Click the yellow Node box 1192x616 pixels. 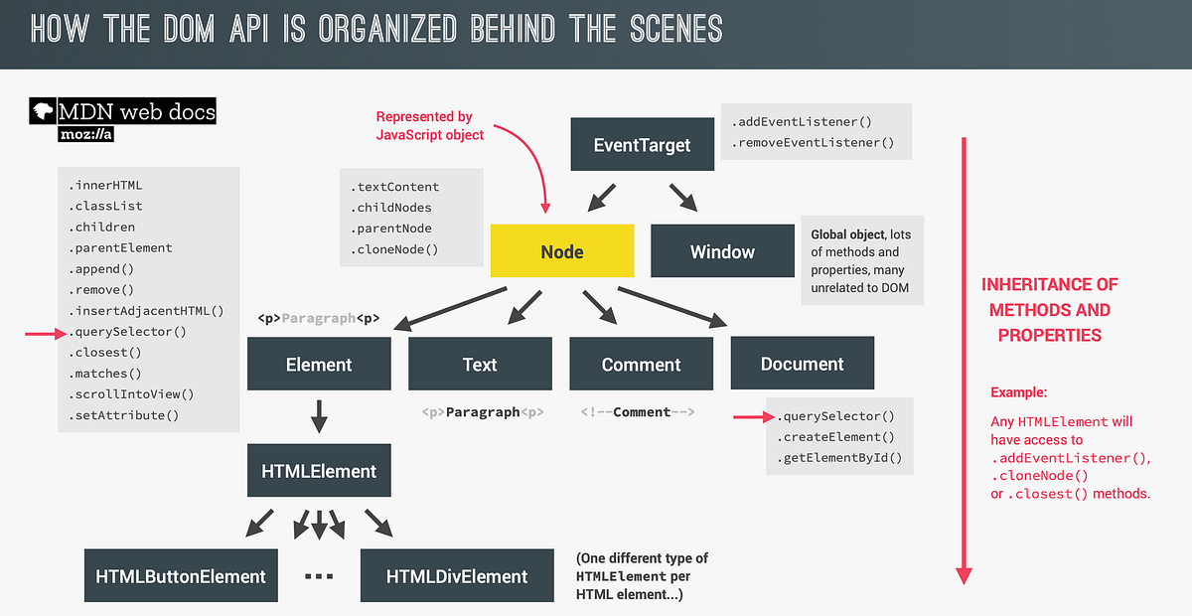click(562, 251)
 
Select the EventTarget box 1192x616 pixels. click(642, 145)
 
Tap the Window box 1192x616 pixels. click(722, 251)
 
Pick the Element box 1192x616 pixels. click(319, 365)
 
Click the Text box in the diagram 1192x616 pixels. click(480, 365)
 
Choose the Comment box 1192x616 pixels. click(641, 365)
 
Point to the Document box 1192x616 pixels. click(802, 364)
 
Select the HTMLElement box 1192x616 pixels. click(319, 471)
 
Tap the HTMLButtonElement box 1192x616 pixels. click(181, 576)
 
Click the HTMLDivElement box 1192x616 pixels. click(457, 576)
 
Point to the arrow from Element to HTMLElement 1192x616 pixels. click(319, 417)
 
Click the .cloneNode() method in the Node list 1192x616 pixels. click(394, 250)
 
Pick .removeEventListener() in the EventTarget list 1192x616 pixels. click(814, 143)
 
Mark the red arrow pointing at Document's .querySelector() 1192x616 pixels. click(751, 416)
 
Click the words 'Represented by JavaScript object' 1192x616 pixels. click(429, 126)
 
